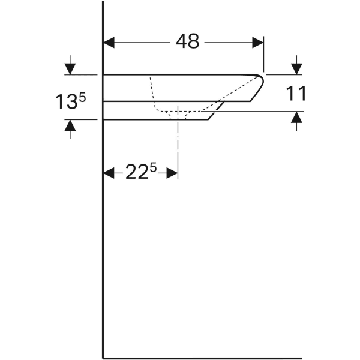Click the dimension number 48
[x=187, y=41]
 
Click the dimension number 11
[x=296, y=94]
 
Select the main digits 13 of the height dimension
[x=67, y=102]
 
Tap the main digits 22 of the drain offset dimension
[x=137, y=172]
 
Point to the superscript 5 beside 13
[x=82, y=97]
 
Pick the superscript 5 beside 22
[x=153, y=167]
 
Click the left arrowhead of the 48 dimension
[x=109, y=43]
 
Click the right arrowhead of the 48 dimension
[x=258, y=43]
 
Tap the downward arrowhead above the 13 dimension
[x=70, y=69]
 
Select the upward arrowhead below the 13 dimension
[x=70, y=125]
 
